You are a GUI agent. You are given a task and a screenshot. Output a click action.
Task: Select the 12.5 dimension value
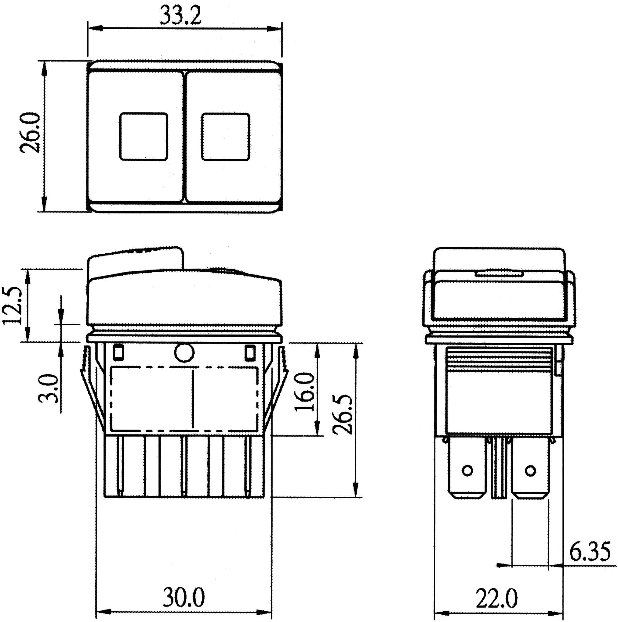13,306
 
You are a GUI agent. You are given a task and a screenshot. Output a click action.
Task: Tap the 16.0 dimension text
304,392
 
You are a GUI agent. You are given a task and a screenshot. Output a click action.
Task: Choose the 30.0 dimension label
184,597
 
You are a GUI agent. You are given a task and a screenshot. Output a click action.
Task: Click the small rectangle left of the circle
118,352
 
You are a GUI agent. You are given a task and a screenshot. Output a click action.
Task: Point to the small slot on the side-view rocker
499,274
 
